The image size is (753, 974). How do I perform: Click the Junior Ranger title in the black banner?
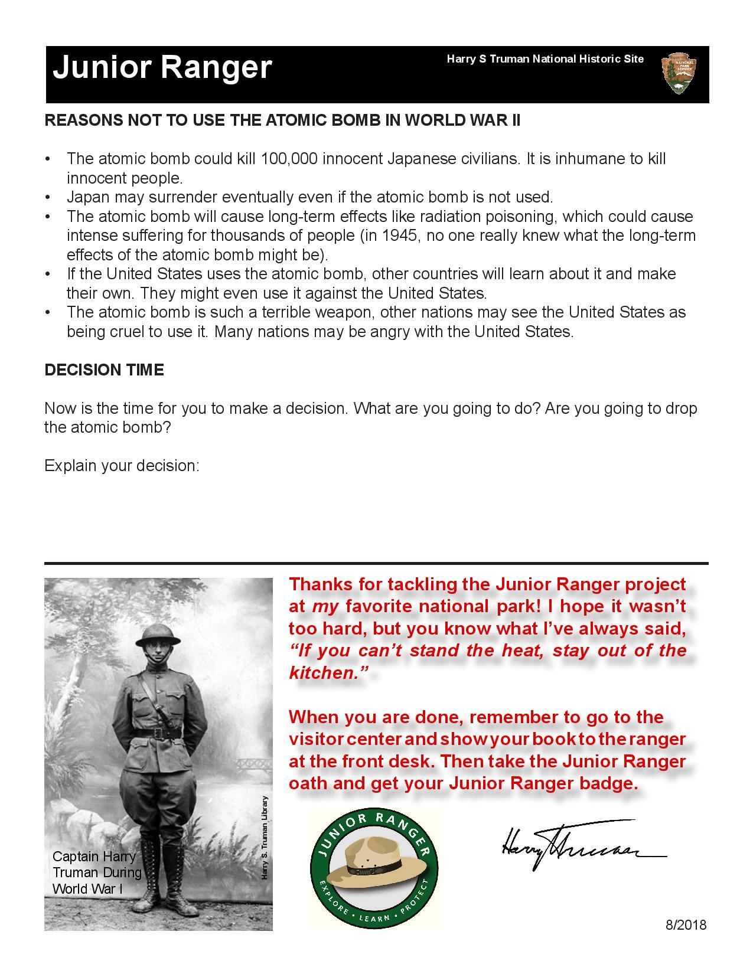coord(162,67)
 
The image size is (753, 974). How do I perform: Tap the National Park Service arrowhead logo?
coord(679,73)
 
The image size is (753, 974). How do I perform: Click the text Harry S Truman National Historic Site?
coord(545,59)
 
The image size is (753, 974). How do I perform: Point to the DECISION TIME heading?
coord(104,370)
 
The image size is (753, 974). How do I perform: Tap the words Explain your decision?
coord(122,466)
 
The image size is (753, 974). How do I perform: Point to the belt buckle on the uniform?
coord(159,733)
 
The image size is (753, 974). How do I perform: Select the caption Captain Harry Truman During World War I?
coord(97,872)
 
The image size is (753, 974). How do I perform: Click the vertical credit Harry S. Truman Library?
coord(265,838)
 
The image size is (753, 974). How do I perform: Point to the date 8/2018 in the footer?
coord(686,925)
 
